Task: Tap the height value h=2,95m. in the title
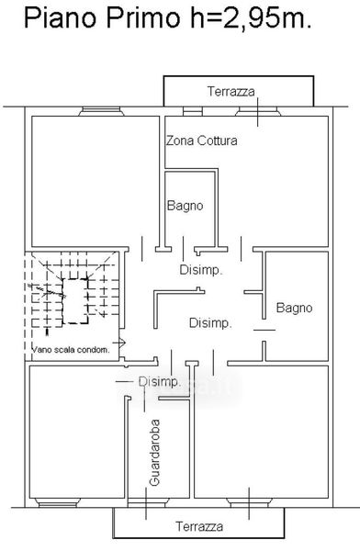(251, 18)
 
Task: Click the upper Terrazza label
(231, 91)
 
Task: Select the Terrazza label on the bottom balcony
(199, 526)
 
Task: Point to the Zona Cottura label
(202, 141)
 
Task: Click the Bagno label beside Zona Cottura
(185, 206)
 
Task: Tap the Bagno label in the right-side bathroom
(294, 308)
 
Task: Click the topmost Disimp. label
(201, 270)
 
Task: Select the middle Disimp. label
(210, 323)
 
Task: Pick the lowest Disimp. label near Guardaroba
(159, 382)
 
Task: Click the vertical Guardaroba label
(154, 452)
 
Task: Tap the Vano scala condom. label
(71, 350)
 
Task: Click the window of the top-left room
(101, 112)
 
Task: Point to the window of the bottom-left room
(57, 502)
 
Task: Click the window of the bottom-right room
(249, 502)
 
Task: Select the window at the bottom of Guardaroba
(148, 502)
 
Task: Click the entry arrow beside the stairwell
(119, 342)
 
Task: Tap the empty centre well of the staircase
(74, 301)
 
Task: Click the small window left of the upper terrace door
(193, 111)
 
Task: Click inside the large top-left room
(96, 181)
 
